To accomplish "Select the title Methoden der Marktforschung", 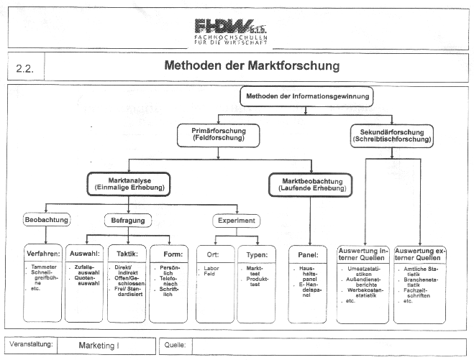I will click(252, 67).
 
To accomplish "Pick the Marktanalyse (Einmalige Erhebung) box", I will click(127, 183).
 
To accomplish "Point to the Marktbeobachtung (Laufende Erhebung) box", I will click(310, 183).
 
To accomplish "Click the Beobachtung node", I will click(47, 220).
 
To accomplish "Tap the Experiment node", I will click(237, 220).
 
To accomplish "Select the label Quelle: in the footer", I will click(175, 345).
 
